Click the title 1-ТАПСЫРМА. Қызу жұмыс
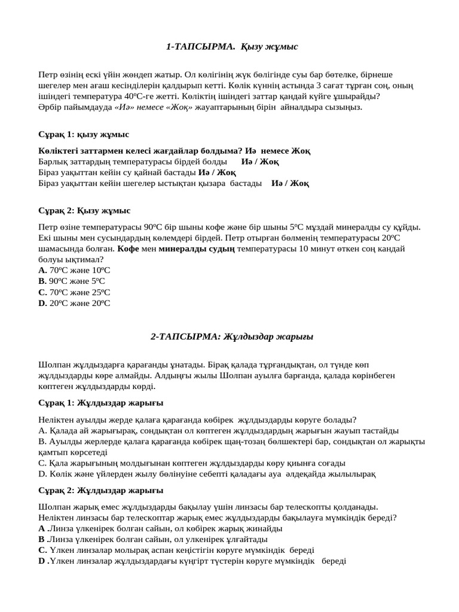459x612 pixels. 231,46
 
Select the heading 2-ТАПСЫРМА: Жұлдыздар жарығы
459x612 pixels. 231,336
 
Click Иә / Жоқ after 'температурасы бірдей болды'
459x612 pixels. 260,161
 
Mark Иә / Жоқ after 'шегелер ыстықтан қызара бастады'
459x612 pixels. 290,183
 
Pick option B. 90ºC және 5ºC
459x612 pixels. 71,281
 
